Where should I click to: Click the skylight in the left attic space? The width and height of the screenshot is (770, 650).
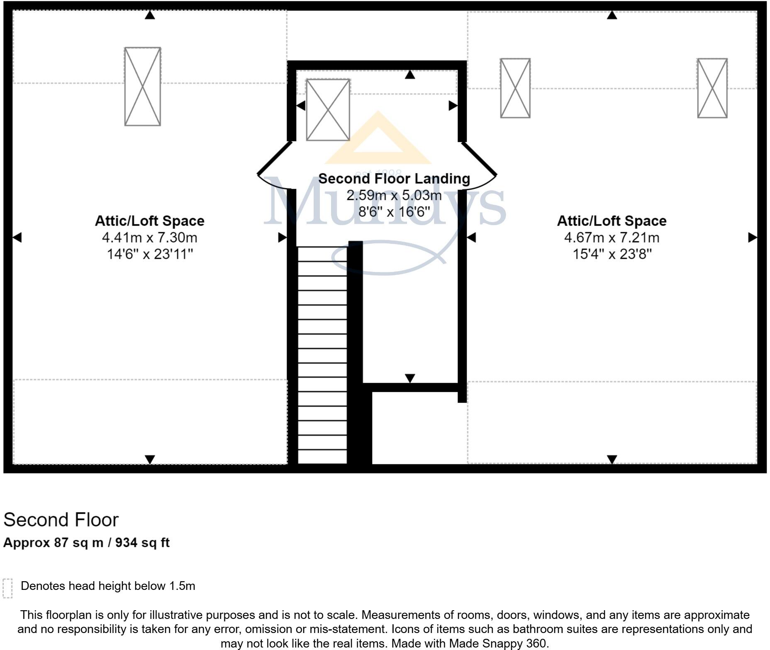142,86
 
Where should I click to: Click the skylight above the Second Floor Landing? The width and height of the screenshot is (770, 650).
328,110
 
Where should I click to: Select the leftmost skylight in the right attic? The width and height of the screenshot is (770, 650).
515,88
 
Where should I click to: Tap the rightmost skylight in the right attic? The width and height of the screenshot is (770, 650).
712,88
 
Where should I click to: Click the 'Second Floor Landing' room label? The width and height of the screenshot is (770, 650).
394,179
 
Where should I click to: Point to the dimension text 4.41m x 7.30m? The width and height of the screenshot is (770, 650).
149,238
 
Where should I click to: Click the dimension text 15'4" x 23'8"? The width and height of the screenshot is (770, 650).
612,254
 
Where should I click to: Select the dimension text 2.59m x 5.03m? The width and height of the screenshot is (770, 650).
394,195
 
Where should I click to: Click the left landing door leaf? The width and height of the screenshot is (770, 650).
274,158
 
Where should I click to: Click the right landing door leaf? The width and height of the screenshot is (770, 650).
479,159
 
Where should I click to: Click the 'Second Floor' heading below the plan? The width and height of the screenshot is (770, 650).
61,520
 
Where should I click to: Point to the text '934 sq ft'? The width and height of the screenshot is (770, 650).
142,543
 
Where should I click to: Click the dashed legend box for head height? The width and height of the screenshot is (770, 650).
7,588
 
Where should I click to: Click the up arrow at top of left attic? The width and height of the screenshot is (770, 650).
150,15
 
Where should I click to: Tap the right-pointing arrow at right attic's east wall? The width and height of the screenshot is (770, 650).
752,238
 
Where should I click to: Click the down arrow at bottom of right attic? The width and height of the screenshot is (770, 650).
612,459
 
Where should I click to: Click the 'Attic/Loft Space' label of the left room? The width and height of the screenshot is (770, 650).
149,221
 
